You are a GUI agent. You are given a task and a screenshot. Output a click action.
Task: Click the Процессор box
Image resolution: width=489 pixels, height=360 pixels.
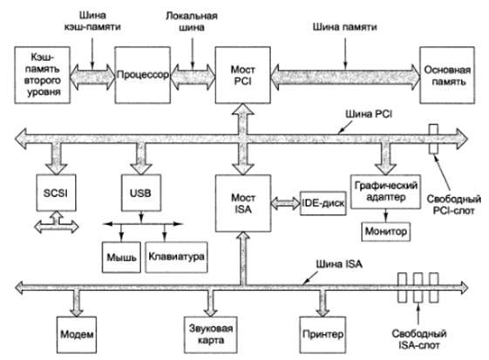click(x=143, y=75)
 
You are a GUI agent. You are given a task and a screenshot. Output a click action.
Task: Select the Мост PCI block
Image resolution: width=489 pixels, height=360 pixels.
click(x=243, y=75)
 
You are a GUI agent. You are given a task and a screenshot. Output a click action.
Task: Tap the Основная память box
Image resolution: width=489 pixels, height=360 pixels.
click(x=447, y=75)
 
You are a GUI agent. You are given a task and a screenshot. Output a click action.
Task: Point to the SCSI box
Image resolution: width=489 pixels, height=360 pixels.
click(x=56, y=193)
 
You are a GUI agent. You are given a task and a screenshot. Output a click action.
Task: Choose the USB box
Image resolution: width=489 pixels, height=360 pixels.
click(x=141, y=193)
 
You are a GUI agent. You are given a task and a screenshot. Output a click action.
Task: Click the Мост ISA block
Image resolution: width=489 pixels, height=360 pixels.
click(x=243, y=203)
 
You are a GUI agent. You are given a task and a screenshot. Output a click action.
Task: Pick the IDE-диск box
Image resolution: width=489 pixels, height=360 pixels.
click(x=323, y=203)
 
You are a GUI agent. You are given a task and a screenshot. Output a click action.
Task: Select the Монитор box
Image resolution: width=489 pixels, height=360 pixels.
click(x=386, y=231)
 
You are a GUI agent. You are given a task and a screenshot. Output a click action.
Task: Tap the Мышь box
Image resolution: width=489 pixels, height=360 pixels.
click(x=121, y=257)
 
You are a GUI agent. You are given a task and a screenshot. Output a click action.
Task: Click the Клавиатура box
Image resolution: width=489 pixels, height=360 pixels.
click(x=176, y=257)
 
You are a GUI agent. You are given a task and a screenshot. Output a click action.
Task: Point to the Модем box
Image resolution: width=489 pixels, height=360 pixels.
click(x=77, y=335)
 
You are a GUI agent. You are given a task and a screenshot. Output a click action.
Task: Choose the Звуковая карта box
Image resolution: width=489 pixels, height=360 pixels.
click(x=211, y=335)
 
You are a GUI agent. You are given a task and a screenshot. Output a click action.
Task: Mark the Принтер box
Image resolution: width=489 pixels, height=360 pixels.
click(x=323, y=335)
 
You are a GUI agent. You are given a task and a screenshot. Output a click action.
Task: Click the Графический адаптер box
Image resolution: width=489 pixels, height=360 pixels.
click(x=386, y=192)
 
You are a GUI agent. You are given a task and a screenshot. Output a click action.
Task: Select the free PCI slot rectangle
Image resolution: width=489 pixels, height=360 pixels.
click(x=433, y=139)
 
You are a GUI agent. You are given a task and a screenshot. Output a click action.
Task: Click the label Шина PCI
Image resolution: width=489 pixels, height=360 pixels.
click(x=369, y=114)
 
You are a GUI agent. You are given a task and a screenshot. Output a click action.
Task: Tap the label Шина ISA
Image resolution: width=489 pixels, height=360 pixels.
click(x=339, y=264)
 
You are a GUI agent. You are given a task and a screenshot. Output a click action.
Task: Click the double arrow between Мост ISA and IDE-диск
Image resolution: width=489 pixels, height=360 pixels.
click(x=285, y=203)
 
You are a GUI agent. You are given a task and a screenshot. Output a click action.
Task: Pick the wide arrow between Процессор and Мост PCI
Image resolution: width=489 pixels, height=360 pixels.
click(x=193, y=76)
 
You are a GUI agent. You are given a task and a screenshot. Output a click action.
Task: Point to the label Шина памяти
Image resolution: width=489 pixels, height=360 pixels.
click(x=344, y=27)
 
